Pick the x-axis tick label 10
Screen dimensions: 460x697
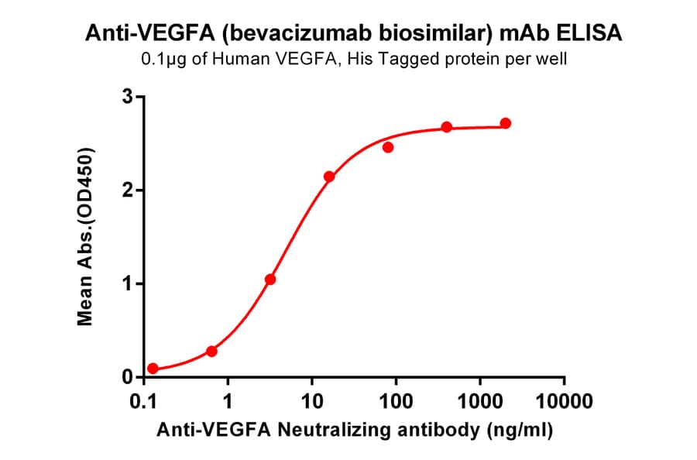pyautogui.click(x=311, y=401)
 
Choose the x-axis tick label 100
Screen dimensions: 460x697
pyautogui.click(x=396, y=401)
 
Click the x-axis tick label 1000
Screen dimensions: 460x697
pyautogui.click(x=479, y=401)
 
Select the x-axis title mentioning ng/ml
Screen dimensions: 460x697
pyautogui.click(x=355, y=430)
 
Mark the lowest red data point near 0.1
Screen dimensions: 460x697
pyautogui.click(x=153, y=369)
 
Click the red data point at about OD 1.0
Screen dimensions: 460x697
pyautogui.click(x=270, y=280)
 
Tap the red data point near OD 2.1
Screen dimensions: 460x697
pyautogui.click(x=329, y=177)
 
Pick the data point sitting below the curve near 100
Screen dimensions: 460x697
pyautogui.click(x=388, y=147)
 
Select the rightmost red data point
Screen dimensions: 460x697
pyautogui.click(x=506, y=123)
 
